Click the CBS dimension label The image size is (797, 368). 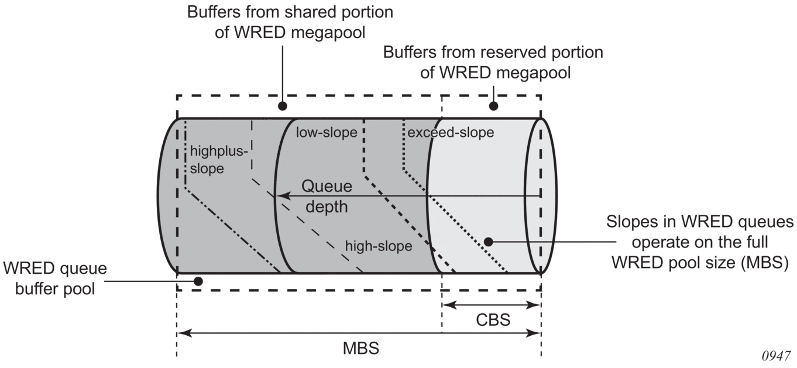(493, 321)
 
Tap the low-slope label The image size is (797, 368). (327, 133)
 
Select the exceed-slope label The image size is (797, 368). (451, 133)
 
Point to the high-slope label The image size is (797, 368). (379, 246)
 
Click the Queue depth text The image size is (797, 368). (327, 197)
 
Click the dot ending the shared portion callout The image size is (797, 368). (283, 106)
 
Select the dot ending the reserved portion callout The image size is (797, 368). (493, 106)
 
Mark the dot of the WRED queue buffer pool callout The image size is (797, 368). (198, 281)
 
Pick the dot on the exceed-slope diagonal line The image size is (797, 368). (487, 241)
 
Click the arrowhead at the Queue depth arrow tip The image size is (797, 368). (281, 197)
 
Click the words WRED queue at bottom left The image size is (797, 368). (55, 270)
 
